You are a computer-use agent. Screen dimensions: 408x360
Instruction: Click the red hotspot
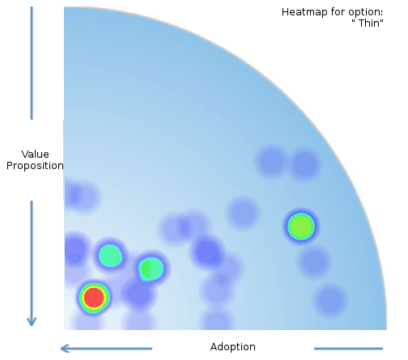point(94,298)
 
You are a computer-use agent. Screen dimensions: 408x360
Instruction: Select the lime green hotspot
point(301,227)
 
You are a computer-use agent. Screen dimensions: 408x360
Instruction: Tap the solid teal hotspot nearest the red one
point(110,256)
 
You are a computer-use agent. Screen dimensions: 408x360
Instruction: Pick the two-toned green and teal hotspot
point(151,269)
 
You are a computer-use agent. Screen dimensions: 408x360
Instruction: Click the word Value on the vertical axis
point(35,155)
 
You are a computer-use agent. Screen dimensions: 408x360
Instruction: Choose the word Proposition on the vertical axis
point(35,166)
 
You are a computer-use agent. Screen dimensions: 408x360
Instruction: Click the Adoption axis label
point(233,347)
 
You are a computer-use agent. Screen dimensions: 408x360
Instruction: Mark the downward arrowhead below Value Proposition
point(32,321)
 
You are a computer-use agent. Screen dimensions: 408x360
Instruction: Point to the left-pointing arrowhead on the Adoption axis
point(65,349)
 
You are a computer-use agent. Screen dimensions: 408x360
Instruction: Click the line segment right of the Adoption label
point(348,349)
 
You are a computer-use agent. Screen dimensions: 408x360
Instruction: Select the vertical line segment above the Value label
point(32,63)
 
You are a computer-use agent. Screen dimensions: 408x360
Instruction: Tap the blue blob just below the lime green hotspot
point(314,261)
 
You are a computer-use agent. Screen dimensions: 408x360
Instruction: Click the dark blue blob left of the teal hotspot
point(74,250)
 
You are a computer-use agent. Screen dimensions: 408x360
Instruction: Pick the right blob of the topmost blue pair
point(305,163)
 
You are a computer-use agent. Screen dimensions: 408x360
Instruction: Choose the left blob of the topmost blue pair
point(271,161)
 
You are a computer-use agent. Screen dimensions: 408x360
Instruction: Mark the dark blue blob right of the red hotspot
point(139,294)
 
